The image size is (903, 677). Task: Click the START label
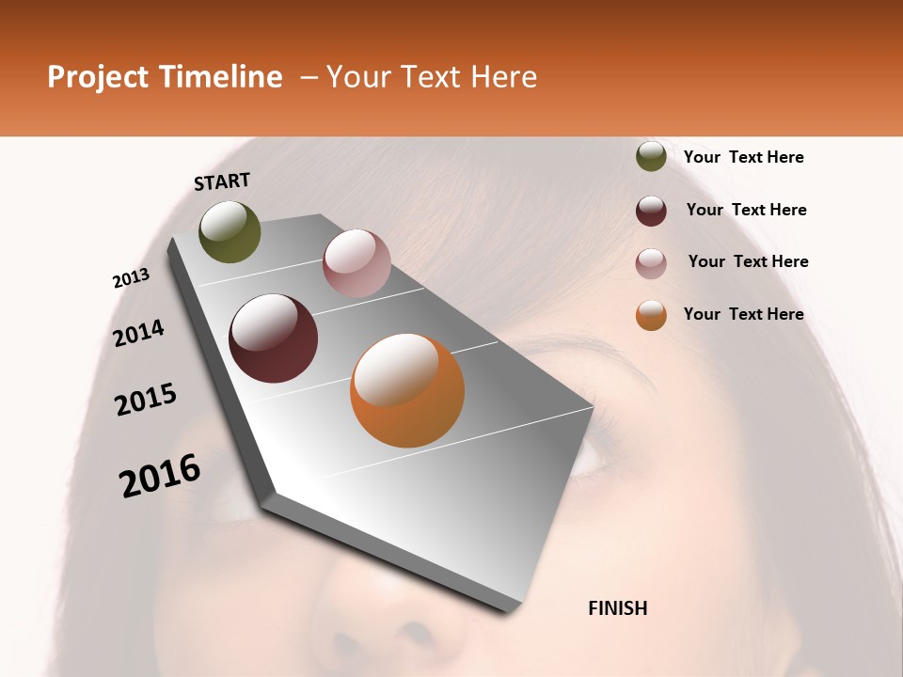[222, 181]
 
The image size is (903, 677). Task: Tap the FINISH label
[617, 608]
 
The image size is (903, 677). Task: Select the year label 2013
[131, 277]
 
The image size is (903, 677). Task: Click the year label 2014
[138, 333]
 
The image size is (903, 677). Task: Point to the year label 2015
[146, 400]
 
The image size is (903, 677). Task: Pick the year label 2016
[160, 476]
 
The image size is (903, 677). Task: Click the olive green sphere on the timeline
[230, 232]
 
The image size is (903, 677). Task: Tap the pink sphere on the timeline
[356, 263]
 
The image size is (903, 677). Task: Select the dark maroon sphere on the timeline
[274, 338]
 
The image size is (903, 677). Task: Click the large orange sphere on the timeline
[407, 390]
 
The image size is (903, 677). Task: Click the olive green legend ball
[651, 157]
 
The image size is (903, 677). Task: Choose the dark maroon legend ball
[651, 211]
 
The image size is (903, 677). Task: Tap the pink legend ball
[651, 263]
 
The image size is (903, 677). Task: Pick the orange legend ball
[651, 315]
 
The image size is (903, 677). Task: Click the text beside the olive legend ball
[743, 157]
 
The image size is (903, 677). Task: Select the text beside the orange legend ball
[743, 314]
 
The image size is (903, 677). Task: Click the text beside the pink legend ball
[748, 261]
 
